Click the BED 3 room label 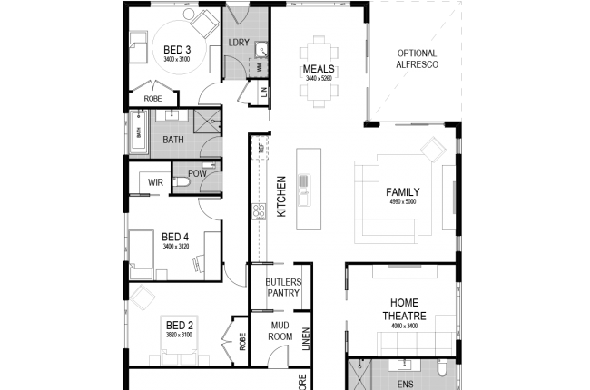click(176, 50)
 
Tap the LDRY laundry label click(239, 42)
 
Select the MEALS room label click(320, 69)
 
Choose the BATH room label click(172, 140)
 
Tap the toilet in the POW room click(182, 185)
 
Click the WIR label click(155, 182)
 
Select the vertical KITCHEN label click(281, 196)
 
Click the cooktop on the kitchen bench click(259, 211)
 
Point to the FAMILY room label click(402, 192)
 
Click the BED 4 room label click(176, 236)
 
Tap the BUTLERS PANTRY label click(282, 288)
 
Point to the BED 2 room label click(179, 325)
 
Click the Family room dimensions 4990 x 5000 click(402, 202)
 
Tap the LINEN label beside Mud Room click(307, 339)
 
